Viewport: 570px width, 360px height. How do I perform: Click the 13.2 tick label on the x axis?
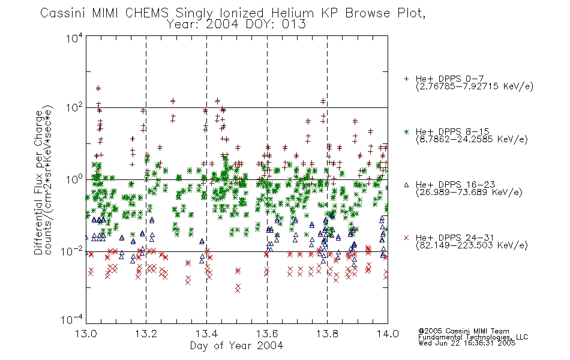pos(146,334)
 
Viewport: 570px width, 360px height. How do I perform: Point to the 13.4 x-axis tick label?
pos(206,334)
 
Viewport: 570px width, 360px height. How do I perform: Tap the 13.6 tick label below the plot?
pos(267,334)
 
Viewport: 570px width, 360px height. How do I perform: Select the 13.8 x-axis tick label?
pos(327,334)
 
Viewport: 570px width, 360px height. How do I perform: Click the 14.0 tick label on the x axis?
pos(388,334)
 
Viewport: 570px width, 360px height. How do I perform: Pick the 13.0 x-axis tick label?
pos(86,334)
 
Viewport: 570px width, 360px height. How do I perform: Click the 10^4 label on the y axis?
pos(74,38)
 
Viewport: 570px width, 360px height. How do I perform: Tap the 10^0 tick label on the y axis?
pos(74,180)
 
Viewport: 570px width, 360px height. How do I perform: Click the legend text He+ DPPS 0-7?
pos(449,79)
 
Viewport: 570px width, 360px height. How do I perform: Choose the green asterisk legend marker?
pos(406,132)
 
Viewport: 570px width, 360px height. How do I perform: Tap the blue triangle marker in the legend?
pos(406,185)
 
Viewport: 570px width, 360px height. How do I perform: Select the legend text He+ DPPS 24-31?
pos(455,238)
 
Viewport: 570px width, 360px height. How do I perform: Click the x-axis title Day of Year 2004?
pos(236,346)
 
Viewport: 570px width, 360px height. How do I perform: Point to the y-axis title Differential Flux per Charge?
pos(38,183)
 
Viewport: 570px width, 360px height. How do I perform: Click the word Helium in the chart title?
pos(292,13)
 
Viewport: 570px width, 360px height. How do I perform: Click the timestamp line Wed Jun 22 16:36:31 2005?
pos(467,343)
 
